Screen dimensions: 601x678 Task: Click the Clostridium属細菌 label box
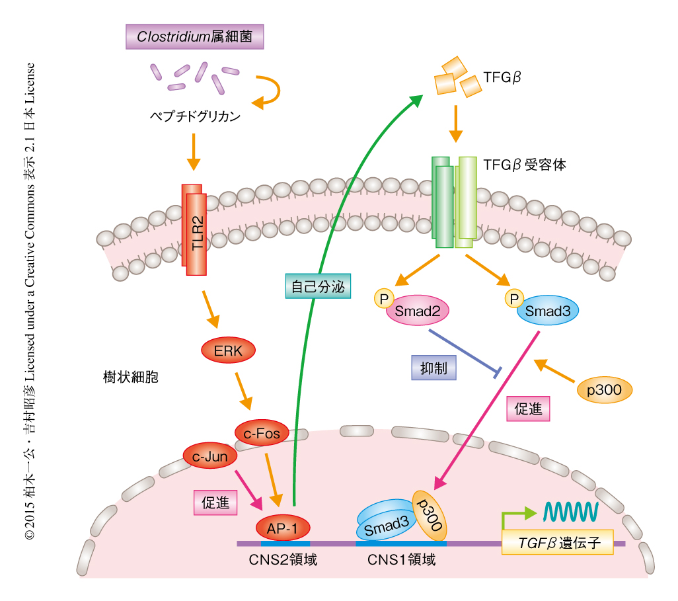(194, 36)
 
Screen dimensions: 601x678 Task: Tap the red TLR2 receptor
(194, 230)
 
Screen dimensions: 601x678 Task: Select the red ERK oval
(228, 351)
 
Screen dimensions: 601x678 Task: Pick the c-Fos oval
(262, 434)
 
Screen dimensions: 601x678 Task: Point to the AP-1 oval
(283, 528)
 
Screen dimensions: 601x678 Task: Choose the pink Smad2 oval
(418, 310)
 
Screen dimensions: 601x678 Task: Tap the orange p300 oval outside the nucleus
(604, 390)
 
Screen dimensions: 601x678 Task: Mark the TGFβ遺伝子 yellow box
(558, 542)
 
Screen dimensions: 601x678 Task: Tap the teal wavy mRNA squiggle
(571, 510)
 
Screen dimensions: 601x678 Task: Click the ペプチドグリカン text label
(192, 118)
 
